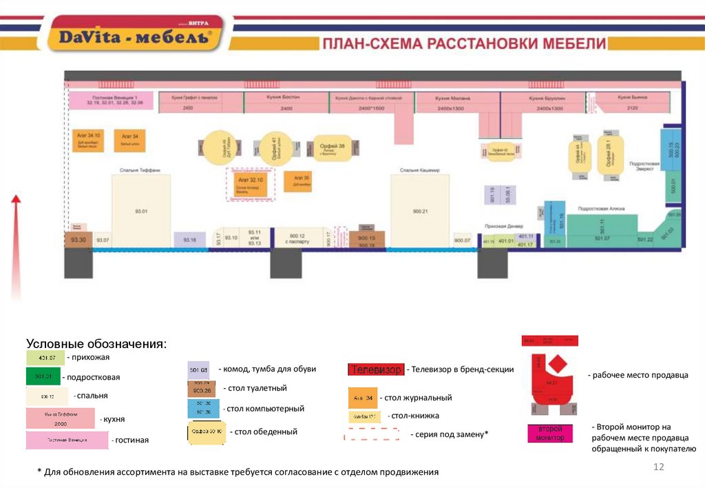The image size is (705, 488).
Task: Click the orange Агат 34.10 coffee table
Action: tap(88, 140)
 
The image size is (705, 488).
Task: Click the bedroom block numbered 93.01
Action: tap(141, 210)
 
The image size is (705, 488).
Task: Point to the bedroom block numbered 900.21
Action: tap(420, 210)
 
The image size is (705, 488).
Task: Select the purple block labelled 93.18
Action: tap(189, 240)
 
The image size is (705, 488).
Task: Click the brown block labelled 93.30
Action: tap(78, 239)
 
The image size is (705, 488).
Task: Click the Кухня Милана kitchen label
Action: tap(452, 99)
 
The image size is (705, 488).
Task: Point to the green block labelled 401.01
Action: tap(506, 241)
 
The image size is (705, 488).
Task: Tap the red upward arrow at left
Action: tap(17, 248)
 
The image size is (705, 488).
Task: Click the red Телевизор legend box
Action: tap(376, 370)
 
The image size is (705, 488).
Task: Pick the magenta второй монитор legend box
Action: tap(549, 433)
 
